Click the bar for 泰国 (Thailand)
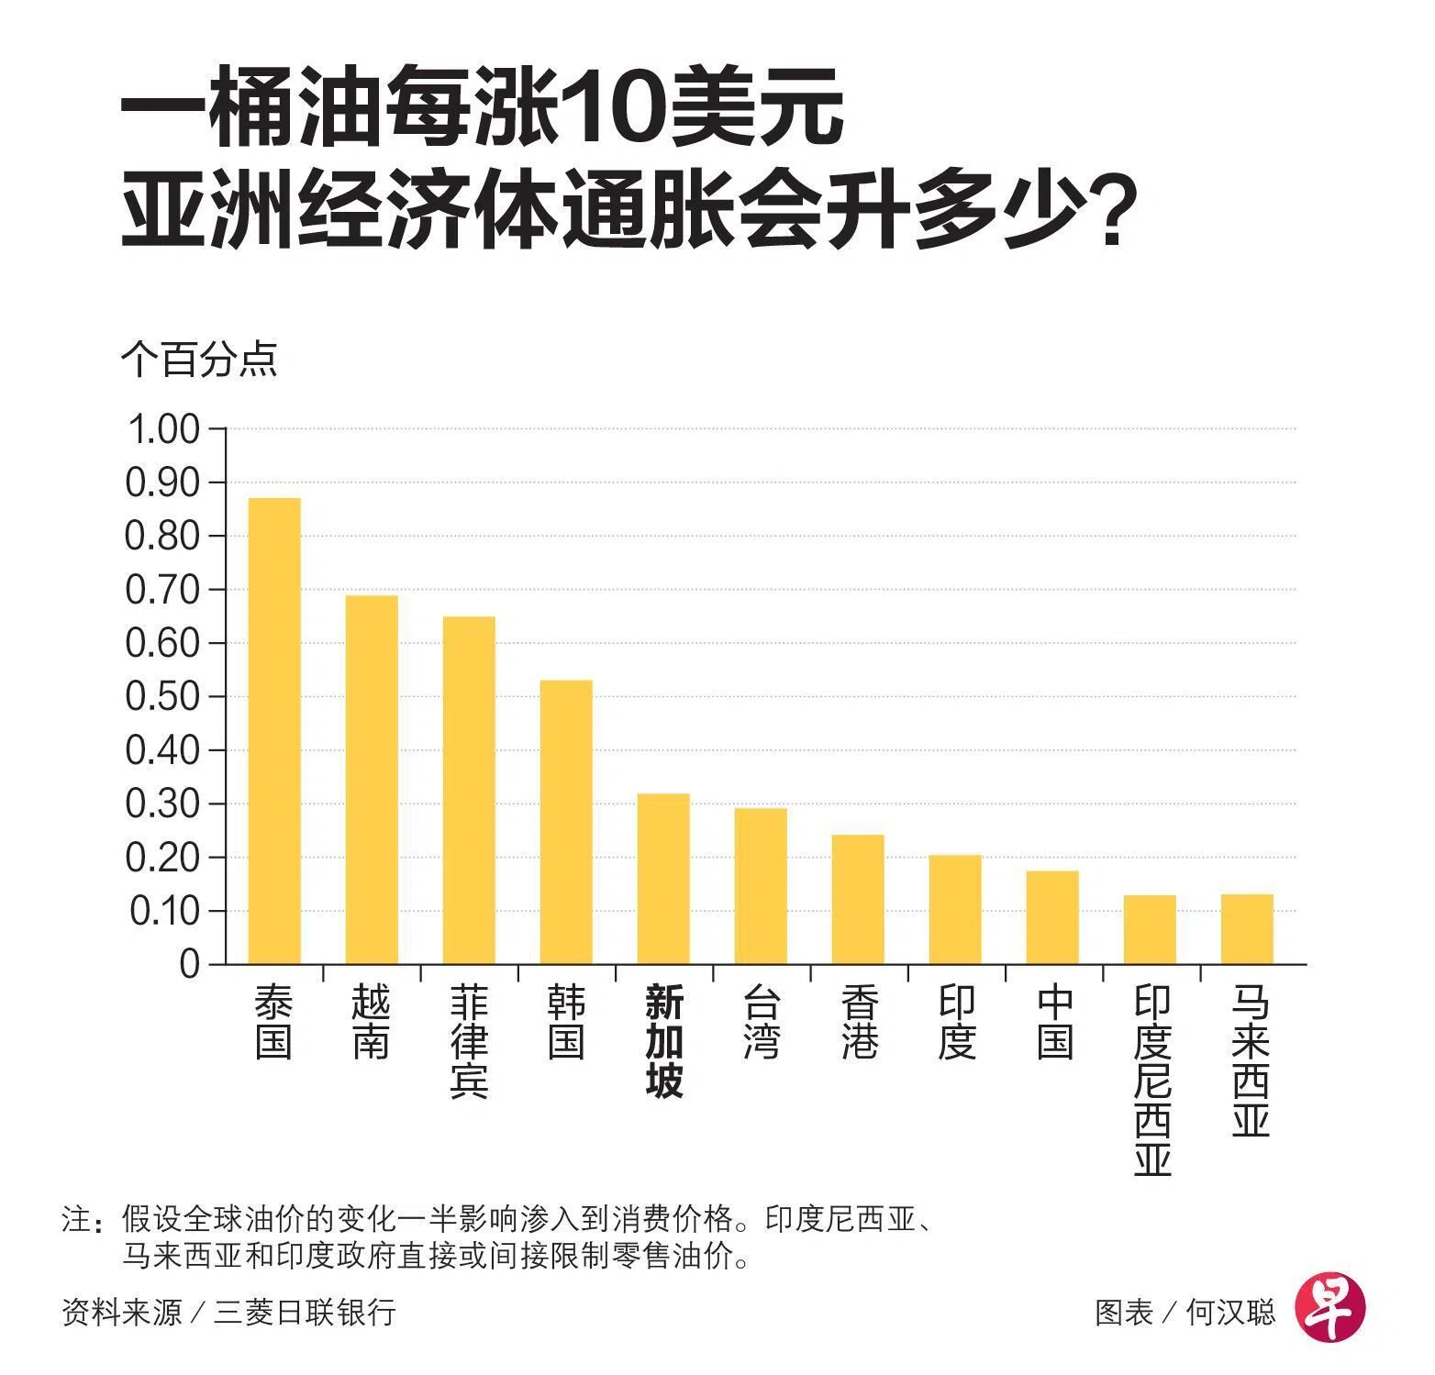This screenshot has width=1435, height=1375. click(x=274, y=731)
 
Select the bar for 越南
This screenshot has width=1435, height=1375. click(x=372, y=780)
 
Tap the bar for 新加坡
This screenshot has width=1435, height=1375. click(x=663, y=879)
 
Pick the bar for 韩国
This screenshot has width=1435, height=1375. click(x=566, y=822)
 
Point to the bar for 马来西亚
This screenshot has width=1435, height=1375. click(x=1247, y=929)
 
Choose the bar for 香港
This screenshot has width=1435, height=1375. click(x=858, y=899)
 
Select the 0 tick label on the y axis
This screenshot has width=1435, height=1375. click(x=190, y=965)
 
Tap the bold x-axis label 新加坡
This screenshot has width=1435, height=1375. click(x=663, y=1042)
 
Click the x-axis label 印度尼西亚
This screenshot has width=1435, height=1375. click(x=1151, y=1081)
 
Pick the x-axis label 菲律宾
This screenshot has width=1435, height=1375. click(x=469, y=1042)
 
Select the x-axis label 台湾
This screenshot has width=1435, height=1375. click(x=761, y=1022)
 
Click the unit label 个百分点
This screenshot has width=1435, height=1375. click(x=198, y=360)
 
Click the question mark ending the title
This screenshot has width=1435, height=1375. click(x=1110, y=216)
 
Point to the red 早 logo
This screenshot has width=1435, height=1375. click(x=1329, y=1309)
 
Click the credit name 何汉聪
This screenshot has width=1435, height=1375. click(x=1230, y=1312)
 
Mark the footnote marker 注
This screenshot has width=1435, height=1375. click(x=75, y=1220)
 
